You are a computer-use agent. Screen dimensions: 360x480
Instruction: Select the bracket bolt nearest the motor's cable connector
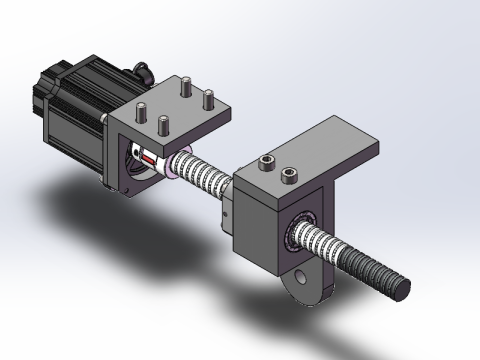pos(185,88)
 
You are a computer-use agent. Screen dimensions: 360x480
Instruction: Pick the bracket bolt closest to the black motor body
pos(141,110)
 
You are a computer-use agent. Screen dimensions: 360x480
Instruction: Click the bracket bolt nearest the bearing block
pos(209,100)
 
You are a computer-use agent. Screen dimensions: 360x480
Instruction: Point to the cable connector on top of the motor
pos(143,72)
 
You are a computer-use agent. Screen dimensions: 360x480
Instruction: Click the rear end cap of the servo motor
pos(48,88)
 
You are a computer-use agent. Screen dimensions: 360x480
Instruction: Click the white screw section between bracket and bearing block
pos(205,174)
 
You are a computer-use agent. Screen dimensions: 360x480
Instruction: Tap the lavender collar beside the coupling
pos(173,162)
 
